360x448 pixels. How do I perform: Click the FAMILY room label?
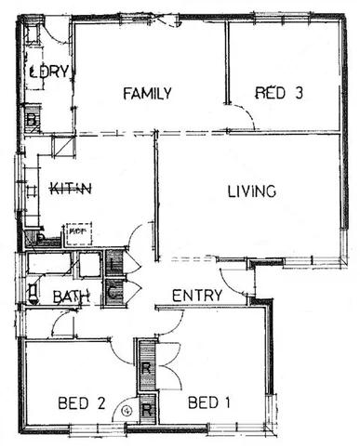(149, 93)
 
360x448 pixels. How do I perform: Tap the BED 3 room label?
(281, 92)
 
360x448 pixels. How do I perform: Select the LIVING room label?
(253, 192)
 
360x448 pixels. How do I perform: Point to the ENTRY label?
(197, 296)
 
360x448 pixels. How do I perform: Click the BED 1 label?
(208, 402)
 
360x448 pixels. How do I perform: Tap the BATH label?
(71, 297)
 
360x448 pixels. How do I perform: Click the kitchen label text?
(71, 190)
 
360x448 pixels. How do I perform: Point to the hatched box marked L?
(113, 264)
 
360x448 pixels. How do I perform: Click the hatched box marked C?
(113, 293)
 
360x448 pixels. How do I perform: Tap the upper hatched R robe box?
(146, 366)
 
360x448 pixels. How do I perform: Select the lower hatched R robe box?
(146, 409)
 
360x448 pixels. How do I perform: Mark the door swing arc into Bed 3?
(244, 119)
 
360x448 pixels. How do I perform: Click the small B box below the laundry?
(31, 120)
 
